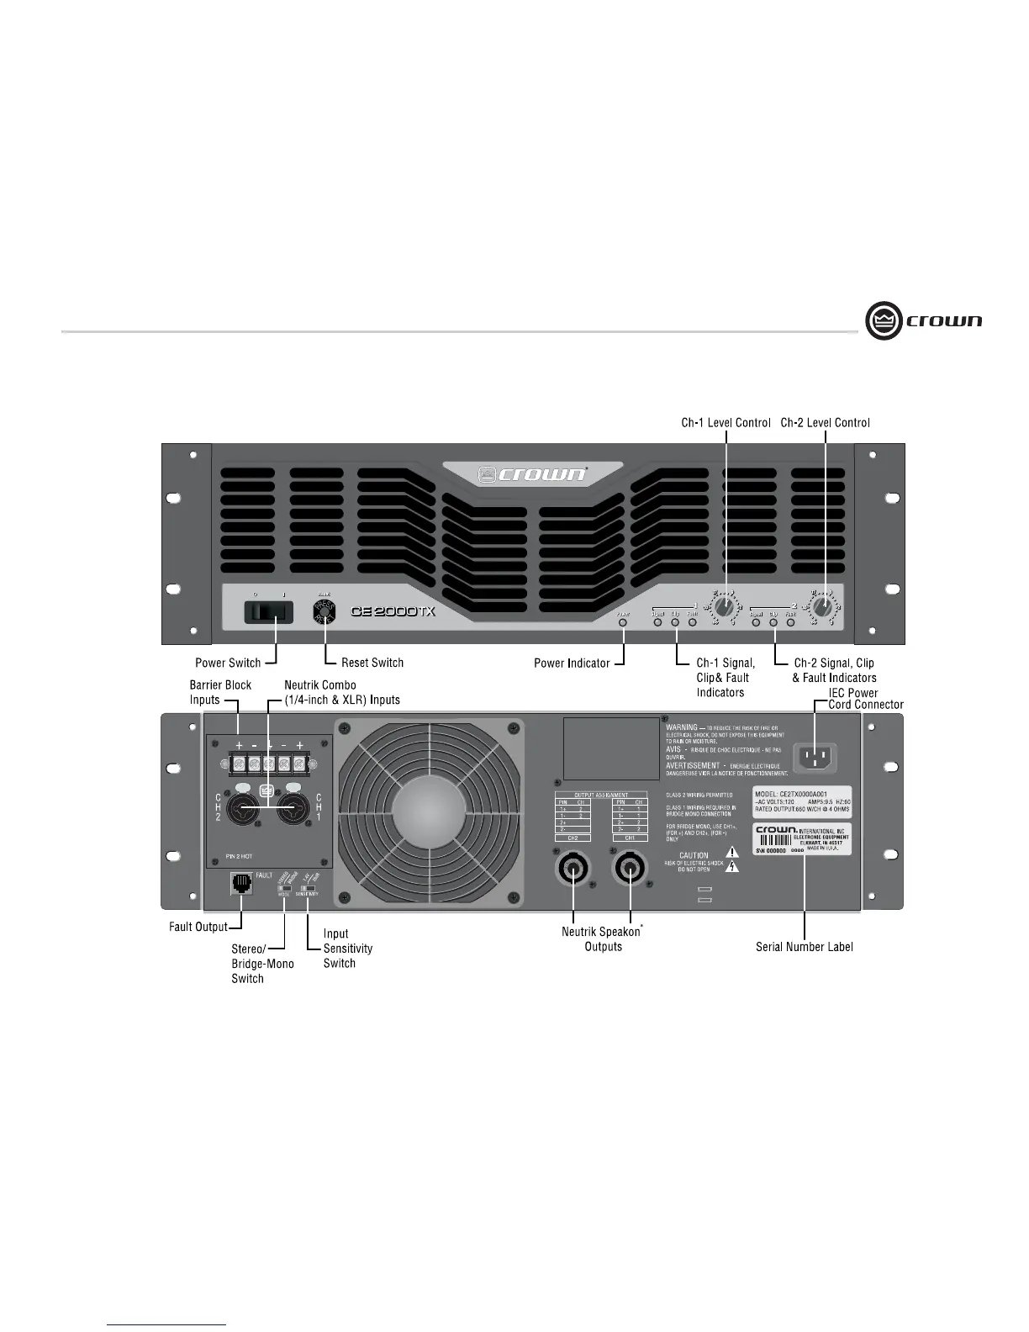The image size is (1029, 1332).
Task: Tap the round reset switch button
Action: coord(325,611)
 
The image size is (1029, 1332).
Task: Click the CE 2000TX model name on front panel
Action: coord(393,611)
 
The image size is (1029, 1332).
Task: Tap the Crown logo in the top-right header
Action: coord(924,321)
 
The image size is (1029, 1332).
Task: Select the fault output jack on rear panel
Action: coord(241,884)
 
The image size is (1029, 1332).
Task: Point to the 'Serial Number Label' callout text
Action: coord(804,947)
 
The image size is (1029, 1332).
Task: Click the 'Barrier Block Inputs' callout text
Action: coord(220,692)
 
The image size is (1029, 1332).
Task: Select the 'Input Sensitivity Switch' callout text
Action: coord(347,949)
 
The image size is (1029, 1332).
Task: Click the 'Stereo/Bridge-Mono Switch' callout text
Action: coord(262,964)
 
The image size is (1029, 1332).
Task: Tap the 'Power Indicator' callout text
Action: coord(572,663)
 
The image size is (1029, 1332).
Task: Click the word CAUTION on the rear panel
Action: coord(694,855)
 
